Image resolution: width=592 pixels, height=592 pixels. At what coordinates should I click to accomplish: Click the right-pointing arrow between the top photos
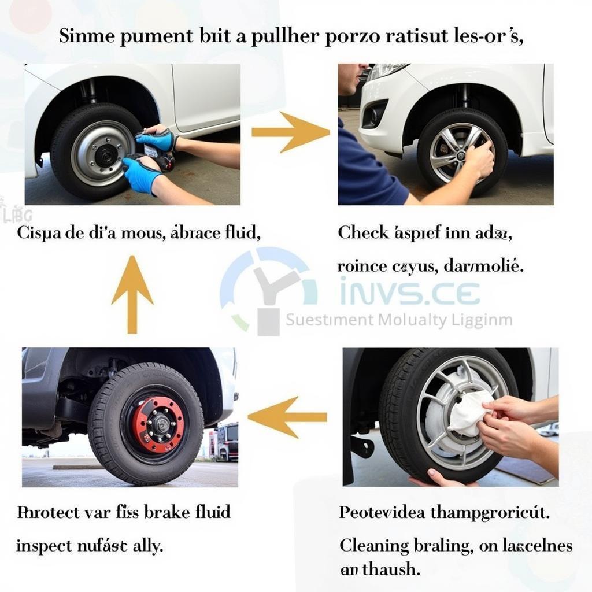[x=291, y=132]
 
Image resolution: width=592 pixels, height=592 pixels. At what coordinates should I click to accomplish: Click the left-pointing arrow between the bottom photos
[x=287, y=417]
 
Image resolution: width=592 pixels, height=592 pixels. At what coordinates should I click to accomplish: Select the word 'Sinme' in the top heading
[x=87, y=36]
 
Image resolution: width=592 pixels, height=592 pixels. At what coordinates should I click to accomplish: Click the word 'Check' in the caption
[x=363, y=233]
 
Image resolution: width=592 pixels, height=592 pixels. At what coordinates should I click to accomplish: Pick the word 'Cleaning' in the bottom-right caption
[x=374, y=545]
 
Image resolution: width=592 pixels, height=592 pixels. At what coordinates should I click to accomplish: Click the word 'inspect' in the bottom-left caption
[x=45, y=545]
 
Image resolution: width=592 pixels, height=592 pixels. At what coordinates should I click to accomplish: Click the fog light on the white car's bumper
[x=374, y=113]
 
